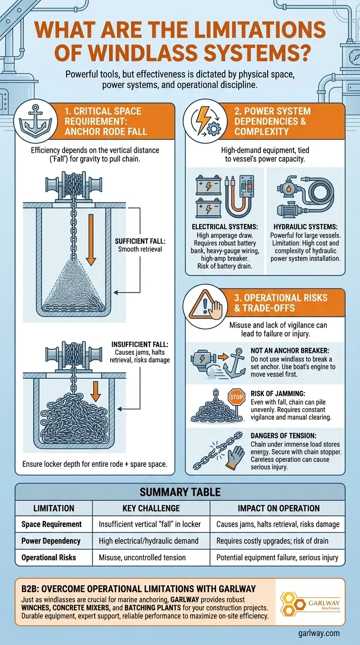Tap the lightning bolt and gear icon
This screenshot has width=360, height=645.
pos(205,121)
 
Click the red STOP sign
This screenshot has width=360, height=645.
pos(236,397)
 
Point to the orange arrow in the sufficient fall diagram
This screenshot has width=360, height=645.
pos(91,240)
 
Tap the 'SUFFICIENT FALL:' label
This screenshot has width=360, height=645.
pos(140,241)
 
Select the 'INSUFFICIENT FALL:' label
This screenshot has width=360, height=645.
pos(140,345)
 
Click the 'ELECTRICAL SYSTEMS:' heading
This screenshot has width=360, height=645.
pos(225,227)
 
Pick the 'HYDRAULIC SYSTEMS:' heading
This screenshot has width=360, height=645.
pos(306,227)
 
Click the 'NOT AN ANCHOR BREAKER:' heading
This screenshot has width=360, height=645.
pos(290,351)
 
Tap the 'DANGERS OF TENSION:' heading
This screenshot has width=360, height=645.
pos(284,436)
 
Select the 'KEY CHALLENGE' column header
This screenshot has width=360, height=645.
pos(151,508)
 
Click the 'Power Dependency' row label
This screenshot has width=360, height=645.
pos(51,541)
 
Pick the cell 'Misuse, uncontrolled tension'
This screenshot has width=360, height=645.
pos(142,557)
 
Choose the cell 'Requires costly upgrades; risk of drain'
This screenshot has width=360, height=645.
pos(272,541)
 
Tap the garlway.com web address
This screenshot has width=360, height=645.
pos(319,633)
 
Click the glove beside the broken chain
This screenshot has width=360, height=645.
pos(235,458)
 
